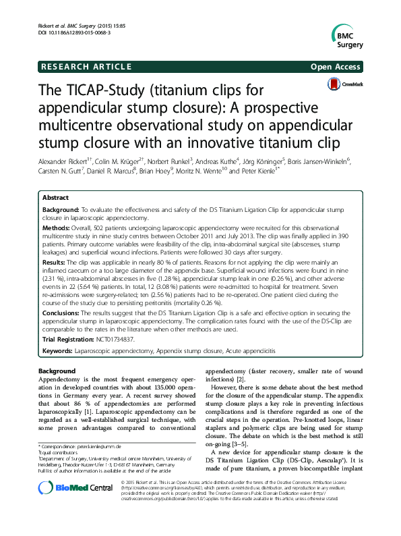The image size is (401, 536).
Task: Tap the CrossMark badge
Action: [344, 84]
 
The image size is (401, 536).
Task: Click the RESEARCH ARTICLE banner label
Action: [86, 67]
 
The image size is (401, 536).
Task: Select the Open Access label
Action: [337, 67]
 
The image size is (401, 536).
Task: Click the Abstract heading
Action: [55, 198]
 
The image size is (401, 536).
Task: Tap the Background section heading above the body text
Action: [57, 371]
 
